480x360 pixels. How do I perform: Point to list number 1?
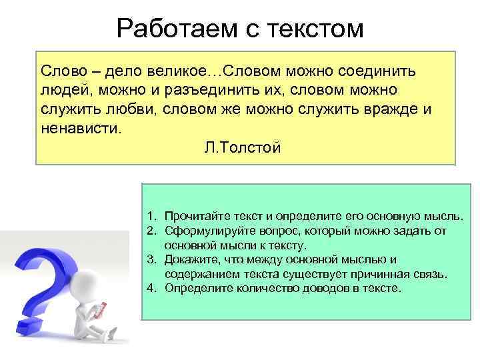click(151, 216)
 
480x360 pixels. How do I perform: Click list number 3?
click(151, 259)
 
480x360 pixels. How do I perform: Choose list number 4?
click(151, 288)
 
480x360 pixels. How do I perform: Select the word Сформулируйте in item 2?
click(205, 231)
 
